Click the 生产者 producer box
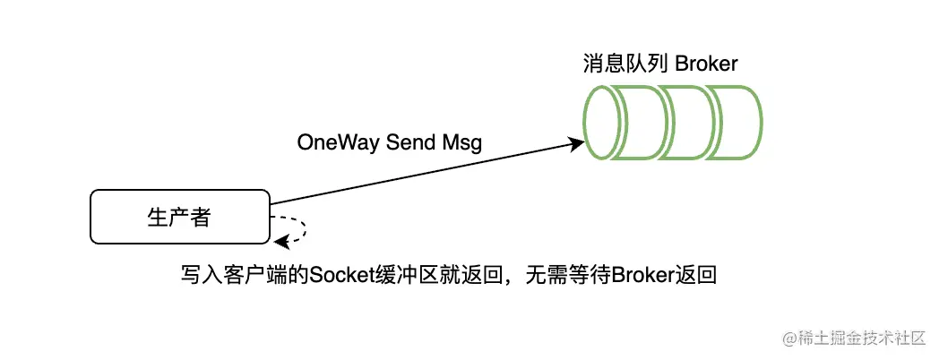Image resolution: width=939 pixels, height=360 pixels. click(x=179, y=216)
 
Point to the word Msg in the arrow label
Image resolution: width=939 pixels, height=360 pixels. click(x=462, y=143)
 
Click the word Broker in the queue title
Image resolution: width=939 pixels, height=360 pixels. click(x=707, y=64)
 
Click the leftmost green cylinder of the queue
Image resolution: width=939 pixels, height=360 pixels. click(x=608, y=123)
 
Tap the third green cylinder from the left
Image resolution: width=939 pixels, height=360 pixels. click(x=690, y=123)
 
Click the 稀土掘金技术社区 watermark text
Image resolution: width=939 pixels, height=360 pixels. click(x=860, y=338)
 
